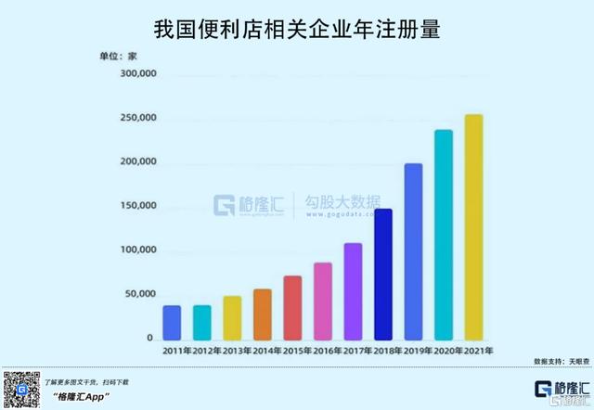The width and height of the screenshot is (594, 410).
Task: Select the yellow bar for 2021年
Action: [473, 226]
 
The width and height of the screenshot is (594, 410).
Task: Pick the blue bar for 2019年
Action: [413, 251]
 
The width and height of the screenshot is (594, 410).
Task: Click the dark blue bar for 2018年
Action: [383, 274]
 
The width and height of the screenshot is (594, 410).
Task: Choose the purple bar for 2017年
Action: [353, 291]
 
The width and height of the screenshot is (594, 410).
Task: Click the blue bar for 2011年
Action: [172, 322]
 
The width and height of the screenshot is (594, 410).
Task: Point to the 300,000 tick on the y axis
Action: [134, 74]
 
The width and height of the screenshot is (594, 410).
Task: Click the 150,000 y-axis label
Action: [134, 206]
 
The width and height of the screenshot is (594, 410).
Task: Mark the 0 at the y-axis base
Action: [149, 339]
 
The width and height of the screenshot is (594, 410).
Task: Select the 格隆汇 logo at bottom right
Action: [562, 389]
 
